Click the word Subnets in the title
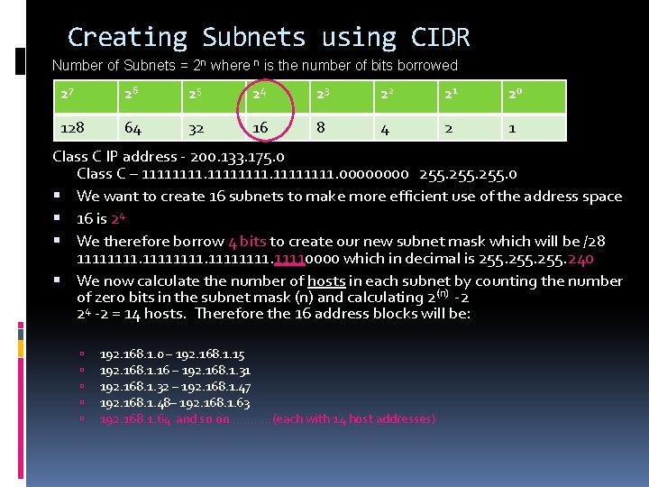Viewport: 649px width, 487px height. pyautogui.click(x=253, y=38)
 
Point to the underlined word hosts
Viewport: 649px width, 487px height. pyautogui.click(x=326, y=280)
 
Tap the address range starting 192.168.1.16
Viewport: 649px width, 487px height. pyautogui.click(x=175, y=370)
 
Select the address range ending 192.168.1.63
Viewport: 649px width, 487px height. pyautogui.click(x=174, y=402)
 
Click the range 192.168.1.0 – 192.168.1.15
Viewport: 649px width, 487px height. pyautogui.click(x=171, y=354)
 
